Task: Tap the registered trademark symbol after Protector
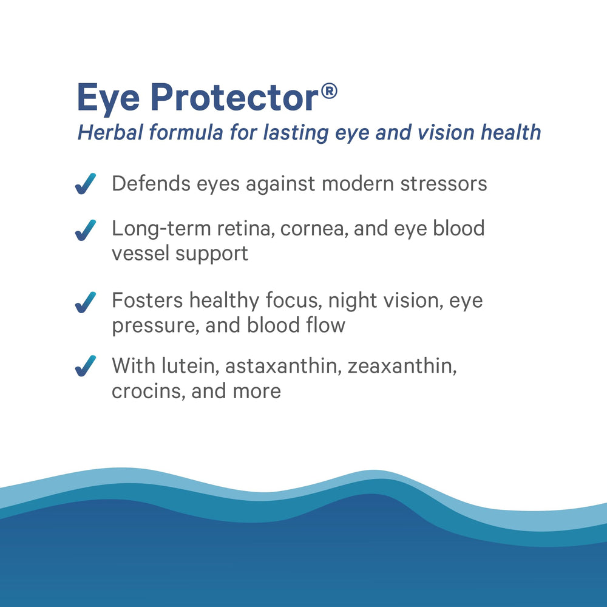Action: pyautogui.click(x=328, y=92)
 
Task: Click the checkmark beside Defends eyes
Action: pyautogui.click(x=86, y=184)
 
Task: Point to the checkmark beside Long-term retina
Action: pyautogui.click(x=86, y=230)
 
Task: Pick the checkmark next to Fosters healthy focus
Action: pyautogui.click(x=86, y=302)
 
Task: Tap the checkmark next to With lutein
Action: pyautogui.click(x=86, y=367)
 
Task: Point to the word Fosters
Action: pyautogui.click(x=147, y=300)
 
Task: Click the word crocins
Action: pyautogui.click(x=146, y=390)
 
